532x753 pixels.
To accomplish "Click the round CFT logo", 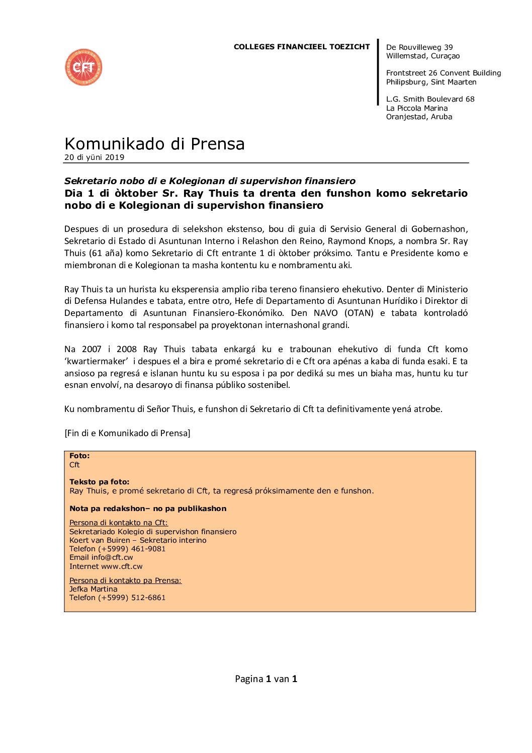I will click(83, 67).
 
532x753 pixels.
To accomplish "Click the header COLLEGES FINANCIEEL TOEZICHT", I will click(302, 47).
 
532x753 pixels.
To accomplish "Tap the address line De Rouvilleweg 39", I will click(419, 47).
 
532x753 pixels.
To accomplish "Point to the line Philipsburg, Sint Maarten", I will click(431, 82).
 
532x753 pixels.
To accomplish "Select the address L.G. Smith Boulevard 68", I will click(430, 99).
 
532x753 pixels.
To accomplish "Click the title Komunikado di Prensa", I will click(154, 144).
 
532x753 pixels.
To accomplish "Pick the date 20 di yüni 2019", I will click(94, 157).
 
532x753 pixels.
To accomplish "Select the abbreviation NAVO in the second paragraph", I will click(325, 313).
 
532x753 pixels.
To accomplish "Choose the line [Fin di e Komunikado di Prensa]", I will click(127, 433).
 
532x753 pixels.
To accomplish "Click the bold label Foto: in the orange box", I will click(79, 456).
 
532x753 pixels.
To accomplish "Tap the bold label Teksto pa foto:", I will click(99, 482).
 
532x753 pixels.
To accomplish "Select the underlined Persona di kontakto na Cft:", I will click(119, 523).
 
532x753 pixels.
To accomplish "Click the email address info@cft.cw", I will click(112, 557).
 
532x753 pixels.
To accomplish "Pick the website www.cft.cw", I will click(122, 566).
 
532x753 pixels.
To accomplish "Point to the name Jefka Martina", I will click(94, 589).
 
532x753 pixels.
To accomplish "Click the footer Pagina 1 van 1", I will click(266, 679).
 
